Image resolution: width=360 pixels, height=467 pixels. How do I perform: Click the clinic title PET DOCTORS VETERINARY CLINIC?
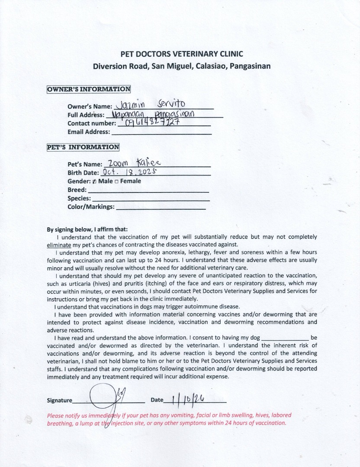(x=181, y=54)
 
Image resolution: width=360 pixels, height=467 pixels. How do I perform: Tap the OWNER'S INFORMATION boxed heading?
(x=89, y=90)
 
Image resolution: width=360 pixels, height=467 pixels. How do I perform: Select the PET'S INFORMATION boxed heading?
(x=83, y=147)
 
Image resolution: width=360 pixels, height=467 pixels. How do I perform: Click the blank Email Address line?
(x=161, y=132)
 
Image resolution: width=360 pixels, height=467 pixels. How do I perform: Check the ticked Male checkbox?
(x=94, y=181)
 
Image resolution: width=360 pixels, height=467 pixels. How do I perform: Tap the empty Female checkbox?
(x=116, y=181)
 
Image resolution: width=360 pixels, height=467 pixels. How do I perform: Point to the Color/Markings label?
(x=91, y=207)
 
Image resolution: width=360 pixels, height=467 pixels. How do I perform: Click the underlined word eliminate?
(x=58, y=244)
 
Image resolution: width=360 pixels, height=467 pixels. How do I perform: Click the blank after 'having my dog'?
(x=285, y=338)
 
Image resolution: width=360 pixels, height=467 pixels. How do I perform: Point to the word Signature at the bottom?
(x=60, y=400)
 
